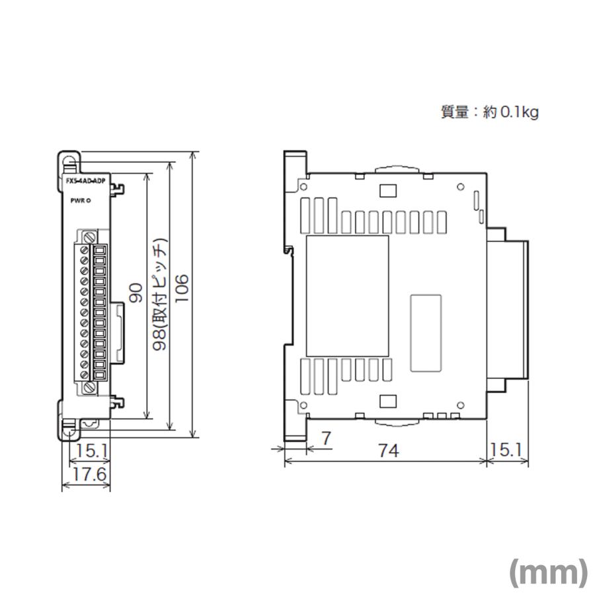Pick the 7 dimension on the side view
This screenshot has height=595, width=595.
pyautogui.click(x=325, y=438)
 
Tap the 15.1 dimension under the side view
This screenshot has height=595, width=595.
pyautogui.click(x=507, y=452)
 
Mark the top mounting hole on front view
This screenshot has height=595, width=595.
pyautogui.click(x=69, y=159)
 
